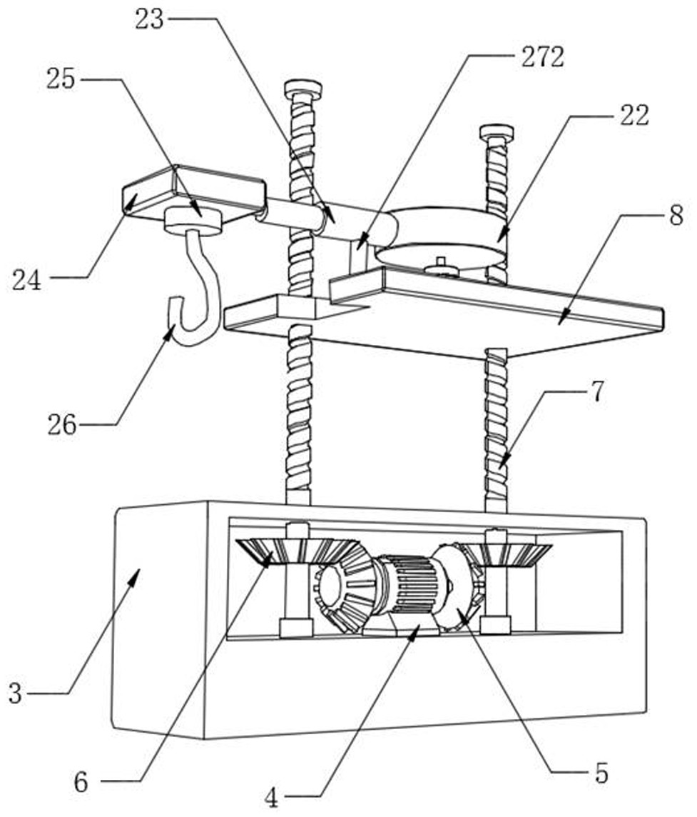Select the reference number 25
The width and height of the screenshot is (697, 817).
pyautogui.click(x=61, y=79)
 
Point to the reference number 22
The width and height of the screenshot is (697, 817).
pyautogui.click(x=634, y=116)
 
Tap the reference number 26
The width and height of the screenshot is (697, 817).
pyautogui.click(x=61, y=426)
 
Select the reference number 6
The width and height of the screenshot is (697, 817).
pyautogui.click(x=81, y=783)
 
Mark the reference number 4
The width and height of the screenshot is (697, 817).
pyautogui.click(x=271, y=797)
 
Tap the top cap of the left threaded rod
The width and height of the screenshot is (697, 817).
pyautogui.click(x=302, y=89)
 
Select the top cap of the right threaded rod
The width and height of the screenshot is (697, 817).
pyautogui.click(x=496, y=132)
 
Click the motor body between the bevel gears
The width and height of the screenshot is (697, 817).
pyautogui.click(x=408, y=586)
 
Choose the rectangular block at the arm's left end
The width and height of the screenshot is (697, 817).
pyautogui.click(x=193, y=191)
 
